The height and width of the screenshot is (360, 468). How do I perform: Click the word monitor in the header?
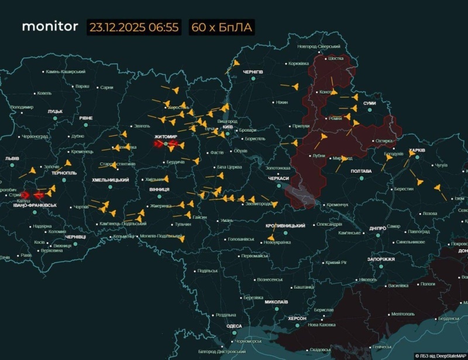(x=50, y=27)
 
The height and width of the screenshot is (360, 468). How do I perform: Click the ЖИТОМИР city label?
(x=166, y=136)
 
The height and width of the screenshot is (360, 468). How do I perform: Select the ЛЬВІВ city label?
(x=12, y=159)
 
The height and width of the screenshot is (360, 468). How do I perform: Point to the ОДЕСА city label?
(x=234, y=325)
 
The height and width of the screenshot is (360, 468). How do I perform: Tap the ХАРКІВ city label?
(x=417, y=150)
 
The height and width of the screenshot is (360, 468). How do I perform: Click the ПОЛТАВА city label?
(x=361, y=171)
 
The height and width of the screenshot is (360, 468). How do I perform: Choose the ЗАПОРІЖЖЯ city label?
(x=381, y=259)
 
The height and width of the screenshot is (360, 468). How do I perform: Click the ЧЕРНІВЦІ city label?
(x=75, y=236)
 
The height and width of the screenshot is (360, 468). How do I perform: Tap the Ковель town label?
(x=44, y=92)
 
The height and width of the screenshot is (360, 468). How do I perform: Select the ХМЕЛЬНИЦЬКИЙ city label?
(x=111, y=180)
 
